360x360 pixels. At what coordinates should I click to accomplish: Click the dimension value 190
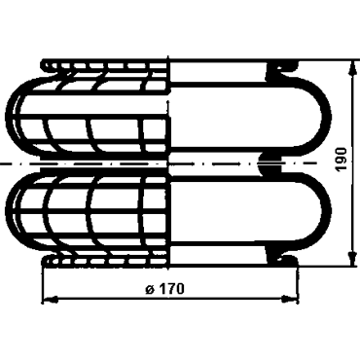click(x=341, y=160)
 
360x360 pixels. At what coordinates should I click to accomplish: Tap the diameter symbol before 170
click(x=150, y=289)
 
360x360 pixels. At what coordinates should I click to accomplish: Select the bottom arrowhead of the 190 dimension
click(x=351, y=258)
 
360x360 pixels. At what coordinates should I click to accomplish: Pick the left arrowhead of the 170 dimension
click(x=51, y=300)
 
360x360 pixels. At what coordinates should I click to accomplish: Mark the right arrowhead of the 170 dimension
click(x=290, y=300)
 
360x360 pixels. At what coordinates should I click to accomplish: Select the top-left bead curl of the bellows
click(x=49, y=66)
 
